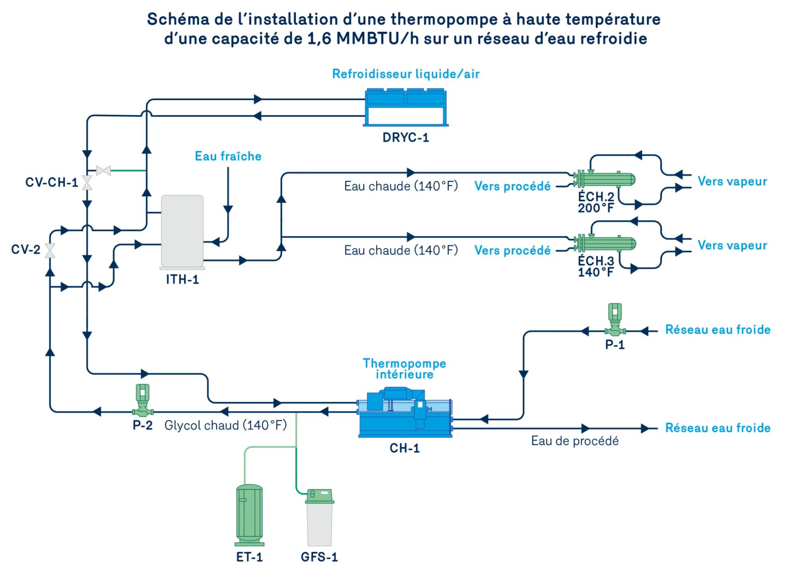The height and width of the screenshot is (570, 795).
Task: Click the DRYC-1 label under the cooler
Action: (405, 137)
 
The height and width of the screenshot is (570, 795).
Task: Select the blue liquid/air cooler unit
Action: (405, 107)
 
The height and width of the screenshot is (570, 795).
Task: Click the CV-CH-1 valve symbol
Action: (87, 183)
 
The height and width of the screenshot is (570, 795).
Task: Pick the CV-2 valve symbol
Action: (50, 251)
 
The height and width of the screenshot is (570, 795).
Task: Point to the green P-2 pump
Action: (143, 400)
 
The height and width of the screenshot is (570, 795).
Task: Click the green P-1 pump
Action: (615, 320)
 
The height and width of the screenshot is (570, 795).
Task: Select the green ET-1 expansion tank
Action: (250, 515)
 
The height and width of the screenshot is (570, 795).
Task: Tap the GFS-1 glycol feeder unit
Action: (320, 518)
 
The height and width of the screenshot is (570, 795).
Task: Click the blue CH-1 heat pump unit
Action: (405, 413)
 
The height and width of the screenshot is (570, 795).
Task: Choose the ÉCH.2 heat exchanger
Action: (604, 179)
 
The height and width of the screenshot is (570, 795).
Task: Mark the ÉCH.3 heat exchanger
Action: (605, 243)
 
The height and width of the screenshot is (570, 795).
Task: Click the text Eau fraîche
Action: (228, 156)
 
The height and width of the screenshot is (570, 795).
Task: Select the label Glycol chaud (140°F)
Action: (226, 425)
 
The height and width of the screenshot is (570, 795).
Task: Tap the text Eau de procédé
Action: (575, 441)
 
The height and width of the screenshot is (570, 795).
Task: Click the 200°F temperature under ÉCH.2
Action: (596, 208)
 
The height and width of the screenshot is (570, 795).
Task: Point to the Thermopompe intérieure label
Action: (405, 369)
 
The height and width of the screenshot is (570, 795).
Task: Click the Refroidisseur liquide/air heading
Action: (406, 74)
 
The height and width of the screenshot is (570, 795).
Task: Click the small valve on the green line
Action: (103, 171)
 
